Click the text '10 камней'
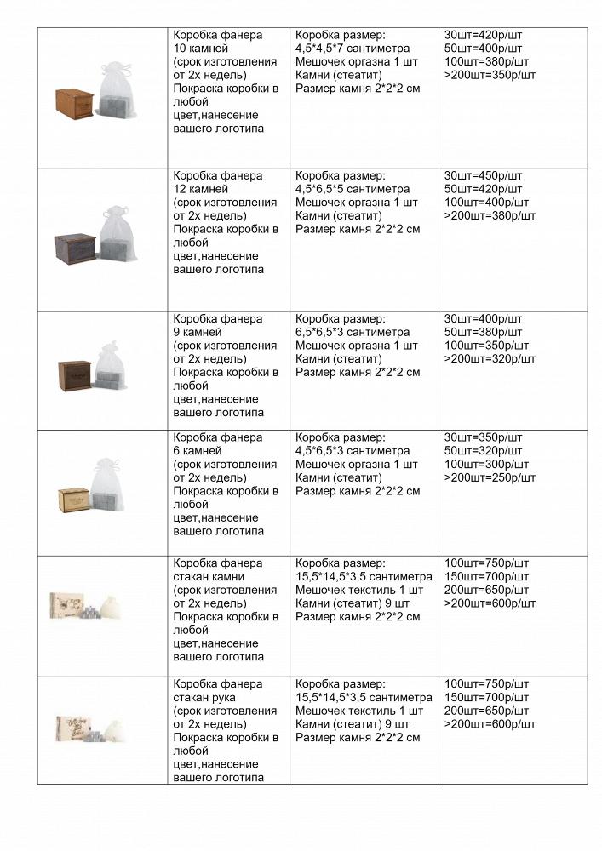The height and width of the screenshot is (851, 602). click(200, 49)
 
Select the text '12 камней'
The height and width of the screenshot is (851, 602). click(200, 189)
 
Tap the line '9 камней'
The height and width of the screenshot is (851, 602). click(197, 332)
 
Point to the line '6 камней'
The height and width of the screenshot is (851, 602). click(197, 450)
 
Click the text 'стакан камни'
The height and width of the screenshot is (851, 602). click(210, 576)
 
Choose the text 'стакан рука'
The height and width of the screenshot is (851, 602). click(207, 697)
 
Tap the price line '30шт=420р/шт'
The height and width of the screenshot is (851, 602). click(483, 35)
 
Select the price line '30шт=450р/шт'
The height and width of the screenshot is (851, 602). click(483, 175)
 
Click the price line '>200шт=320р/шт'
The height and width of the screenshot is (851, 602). click(490, 358)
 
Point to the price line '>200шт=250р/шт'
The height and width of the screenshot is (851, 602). click(490, 477)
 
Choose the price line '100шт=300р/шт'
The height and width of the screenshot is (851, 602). click(486, 464)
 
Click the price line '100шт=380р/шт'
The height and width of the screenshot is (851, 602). click(486, 61)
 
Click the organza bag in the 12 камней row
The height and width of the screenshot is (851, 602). click(118, 232)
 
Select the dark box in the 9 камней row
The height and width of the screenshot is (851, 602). click(75, 375)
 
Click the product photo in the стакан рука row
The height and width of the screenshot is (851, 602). click(90, 729)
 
